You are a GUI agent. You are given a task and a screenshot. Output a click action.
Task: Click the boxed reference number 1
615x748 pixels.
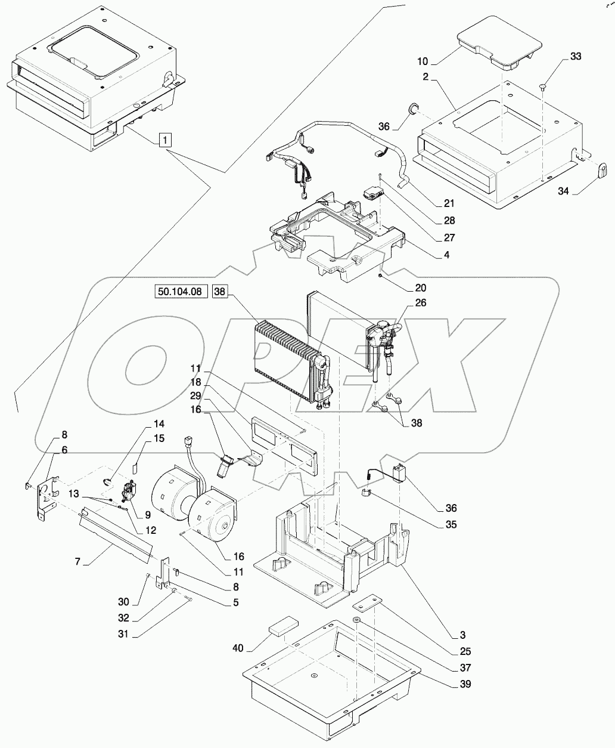click(x=165, y=140)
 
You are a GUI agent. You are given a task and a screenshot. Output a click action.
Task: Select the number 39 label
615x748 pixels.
click(x=465, y=684)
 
